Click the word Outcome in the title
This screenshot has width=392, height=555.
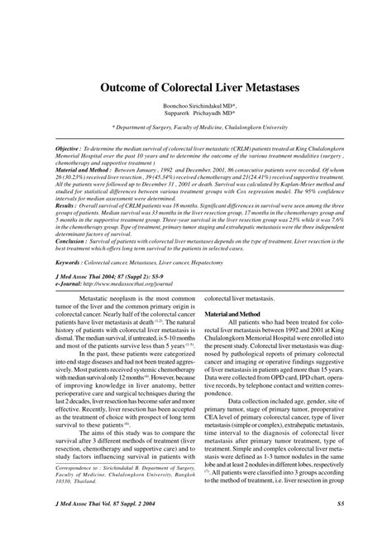(124, 86)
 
